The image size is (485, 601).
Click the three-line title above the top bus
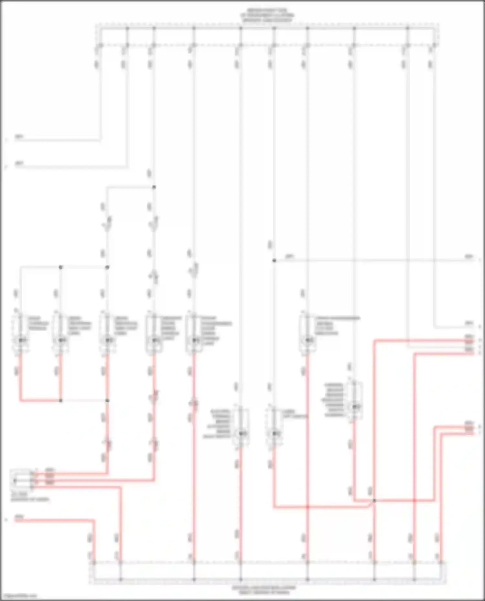(267, 15)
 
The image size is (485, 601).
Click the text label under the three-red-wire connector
(30, 497)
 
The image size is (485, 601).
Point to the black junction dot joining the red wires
(374, 501)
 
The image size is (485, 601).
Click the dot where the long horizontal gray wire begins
(274, 260)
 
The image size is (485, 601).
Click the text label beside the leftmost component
(38, 323)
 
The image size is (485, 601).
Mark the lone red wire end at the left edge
(16, 520)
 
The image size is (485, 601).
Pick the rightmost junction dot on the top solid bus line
(407, 28)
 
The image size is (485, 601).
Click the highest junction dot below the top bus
(154, 187)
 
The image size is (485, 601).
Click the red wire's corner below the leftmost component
(21, 400)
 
